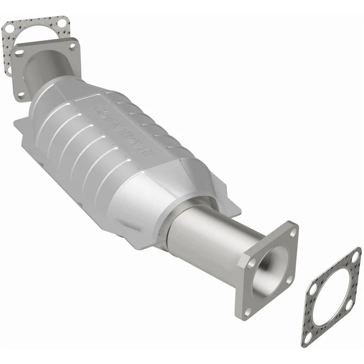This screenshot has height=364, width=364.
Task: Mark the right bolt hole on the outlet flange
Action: coord(289,279)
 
